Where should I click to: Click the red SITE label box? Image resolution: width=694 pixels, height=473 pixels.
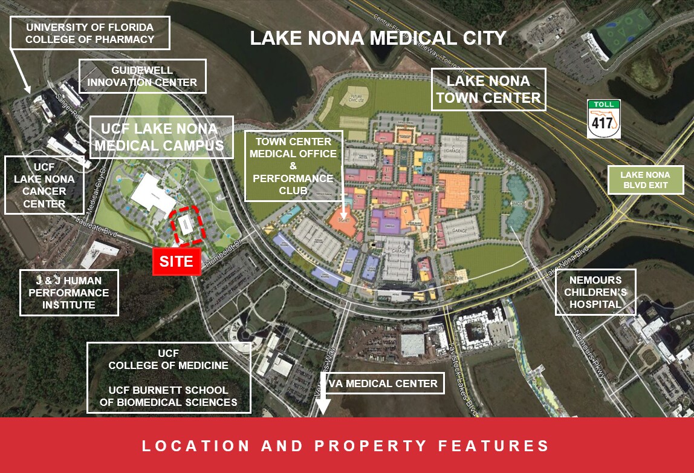176,262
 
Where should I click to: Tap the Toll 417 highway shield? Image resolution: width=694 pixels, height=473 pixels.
604,119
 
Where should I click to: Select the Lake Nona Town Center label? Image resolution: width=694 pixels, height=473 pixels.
488,90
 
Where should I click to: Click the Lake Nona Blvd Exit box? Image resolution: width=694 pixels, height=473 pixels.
645,180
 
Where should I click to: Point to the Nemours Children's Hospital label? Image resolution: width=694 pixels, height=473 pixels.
595,292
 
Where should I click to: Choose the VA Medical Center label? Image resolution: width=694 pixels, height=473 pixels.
389,383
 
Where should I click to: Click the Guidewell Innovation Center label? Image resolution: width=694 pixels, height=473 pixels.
143,76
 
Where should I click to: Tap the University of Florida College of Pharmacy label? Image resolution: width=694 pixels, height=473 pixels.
89,33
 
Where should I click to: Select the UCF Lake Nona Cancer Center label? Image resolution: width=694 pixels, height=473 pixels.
44,185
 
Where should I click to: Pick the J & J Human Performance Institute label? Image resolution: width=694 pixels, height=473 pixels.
69,293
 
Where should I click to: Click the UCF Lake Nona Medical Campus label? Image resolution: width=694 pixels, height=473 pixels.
161,137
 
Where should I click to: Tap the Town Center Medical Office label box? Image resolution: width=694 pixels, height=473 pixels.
293,166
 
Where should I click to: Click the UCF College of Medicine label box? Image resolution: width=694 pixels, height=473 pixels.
169,377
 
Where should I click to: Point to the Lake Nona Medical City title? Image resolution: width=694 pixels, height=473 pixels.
378,38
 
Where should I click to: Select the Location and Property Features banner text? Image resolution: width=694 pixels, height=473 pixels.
346,446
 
